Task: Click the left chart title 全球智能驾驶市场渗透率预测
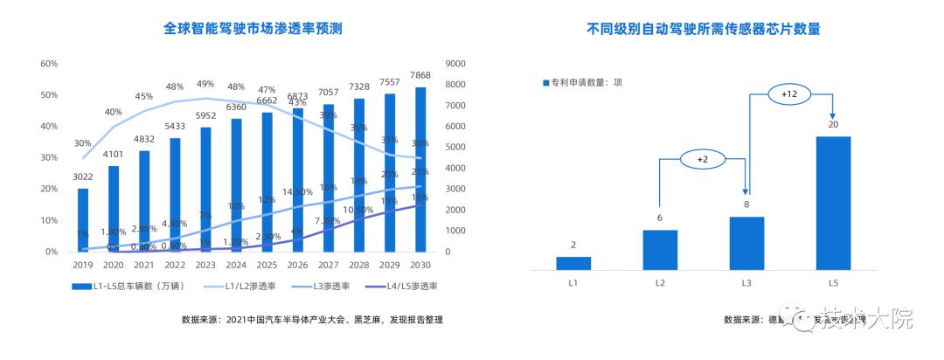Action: [253, 28]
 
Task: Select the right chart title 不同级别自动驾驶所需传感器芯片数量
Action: [703, 28]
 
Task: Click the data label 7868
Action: [420, 74]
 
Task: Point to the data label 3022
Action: [82, 177]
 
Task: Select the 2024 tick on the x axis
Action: [236, 266]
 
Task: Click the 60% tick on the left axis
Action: [49, 64]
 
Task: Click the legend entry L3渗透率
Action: [328, 286]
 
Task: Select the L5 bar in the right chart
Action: [833, 203]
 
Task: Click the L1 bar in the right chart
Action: [573, 262]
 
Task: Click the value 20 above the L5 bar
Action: [833, 124]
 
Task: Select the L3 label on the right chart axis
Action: [746, 284]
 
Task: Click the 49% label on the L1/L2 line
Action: [205, 84]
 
